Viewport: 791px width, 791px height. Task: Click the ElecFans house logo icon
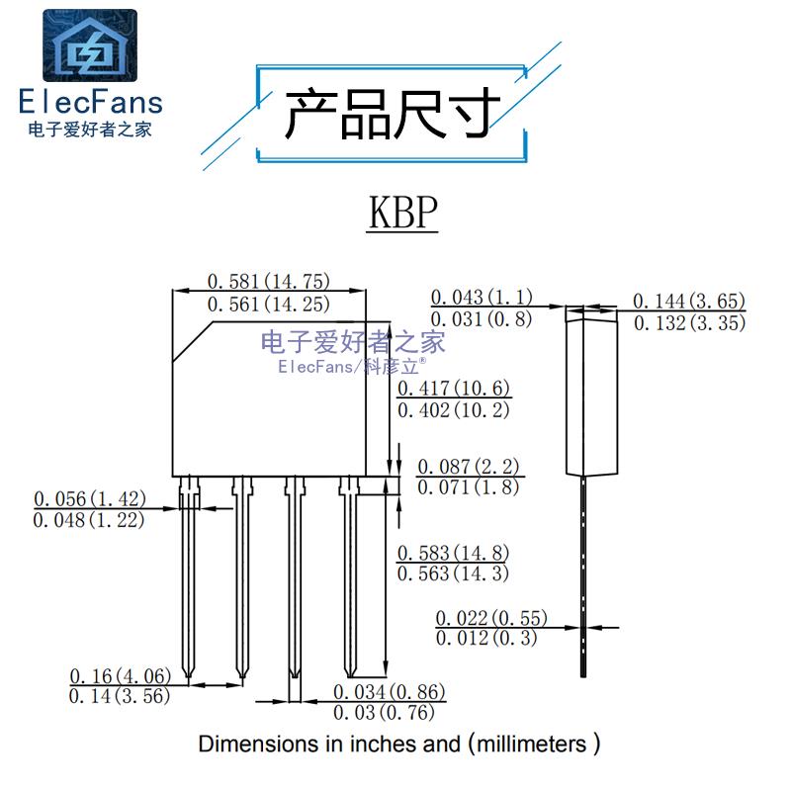coord(90,45)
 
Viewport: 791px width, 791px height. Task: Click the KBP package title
coord(402,213)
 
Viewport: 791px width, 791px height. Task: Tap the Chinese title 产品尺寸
coord(392,114)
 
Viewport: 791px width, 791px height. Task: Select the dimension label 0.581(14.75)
coord(268,281)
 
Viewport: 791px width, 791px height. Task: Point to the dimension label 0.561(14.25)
coord(268,304)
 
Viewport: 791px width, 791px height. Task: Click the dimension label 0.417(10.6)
coord(454,388)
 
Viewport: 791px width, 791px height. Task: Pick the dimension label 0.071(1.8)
coord(468,486)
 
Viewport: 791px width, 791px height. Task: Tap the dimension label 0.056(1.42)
coord(90,498)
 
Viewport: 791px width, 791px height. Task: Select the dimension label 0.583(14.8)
coord(453,553)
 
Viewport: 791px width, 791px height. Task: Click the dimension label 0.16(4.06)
coord(120,675)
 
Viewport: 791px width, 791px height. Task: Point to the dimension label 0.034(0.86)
coord(389,691)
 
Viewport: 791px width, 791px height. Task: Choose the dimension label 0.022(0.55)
coord(491,618)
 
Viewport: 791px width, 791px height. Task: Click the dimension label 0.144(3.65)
coord(689,302)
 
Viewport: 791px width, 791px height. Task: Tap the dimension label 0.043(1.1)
coord(482,297)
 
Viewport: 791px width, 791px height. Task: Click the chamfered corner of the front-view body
coord(192,341)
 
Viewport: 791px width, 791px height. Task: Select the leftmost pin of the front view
coord(189,576)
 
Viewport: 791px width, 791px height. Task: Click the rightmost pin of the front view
coord(349,576)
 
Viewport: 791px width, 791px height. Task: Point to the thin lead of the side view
coord(583,576)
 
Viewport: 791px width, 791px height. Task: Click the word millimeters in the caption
coord(532,745)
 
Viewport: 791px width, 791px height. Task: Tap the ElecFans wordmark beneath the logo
coord(91,102)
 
